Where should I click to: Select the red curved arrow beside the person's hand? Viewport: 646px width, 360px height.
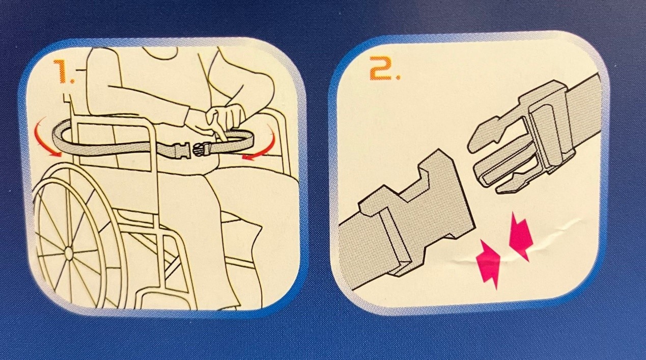[261, 144]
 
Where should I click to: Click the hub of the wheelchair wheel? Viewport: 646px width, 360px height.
[69, 253]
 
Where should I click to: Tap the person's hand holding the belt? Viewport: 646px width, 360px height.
[223, 121]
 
